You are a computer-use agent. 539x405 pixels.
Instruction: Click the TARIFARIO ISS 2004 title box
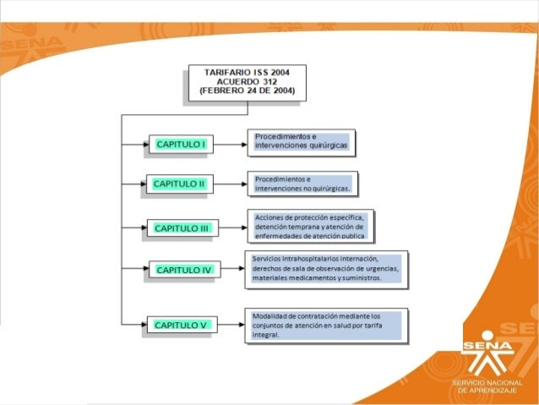pos(247,81)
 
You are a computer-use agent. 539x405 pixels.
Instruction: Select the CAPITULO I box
pos(181,145)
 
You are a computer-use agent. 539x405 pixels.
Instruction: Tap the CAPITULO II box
pos(179,183)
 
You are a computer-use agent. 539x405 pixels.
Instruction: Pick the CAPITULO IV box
pos(183,271)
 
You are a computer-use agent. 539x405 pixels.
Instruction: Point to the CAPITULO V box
pos(181,324)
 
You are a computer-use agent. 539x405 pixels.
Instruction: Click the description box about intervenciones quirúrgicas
pos(301,142)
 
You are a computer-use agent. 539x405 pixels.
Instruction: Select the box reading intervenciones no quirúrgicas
pos(302,183)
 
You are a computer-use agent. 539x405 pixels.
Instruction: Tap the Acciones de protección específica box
pos(310,226)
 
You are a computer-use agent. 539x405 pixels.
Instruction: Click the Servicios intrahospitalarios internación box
pos(326,268)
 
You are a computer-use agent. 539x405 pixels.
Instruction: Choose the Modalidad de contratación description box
pos(325,326)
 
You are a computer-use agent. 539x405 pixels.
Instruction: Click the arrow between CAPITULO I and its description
pos(229,145)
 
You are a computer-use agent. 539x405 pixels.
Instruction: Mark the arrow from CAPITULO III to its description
pos(232,227)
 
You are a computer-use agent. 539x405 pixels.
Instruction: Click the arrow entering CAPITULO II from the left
pos(134,183)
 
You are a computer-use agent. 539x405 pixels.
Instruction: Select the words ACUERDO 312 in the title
pos(247,81)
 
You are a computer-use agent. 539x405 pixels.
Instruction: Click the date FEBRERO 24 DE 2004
pos(247,90)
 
